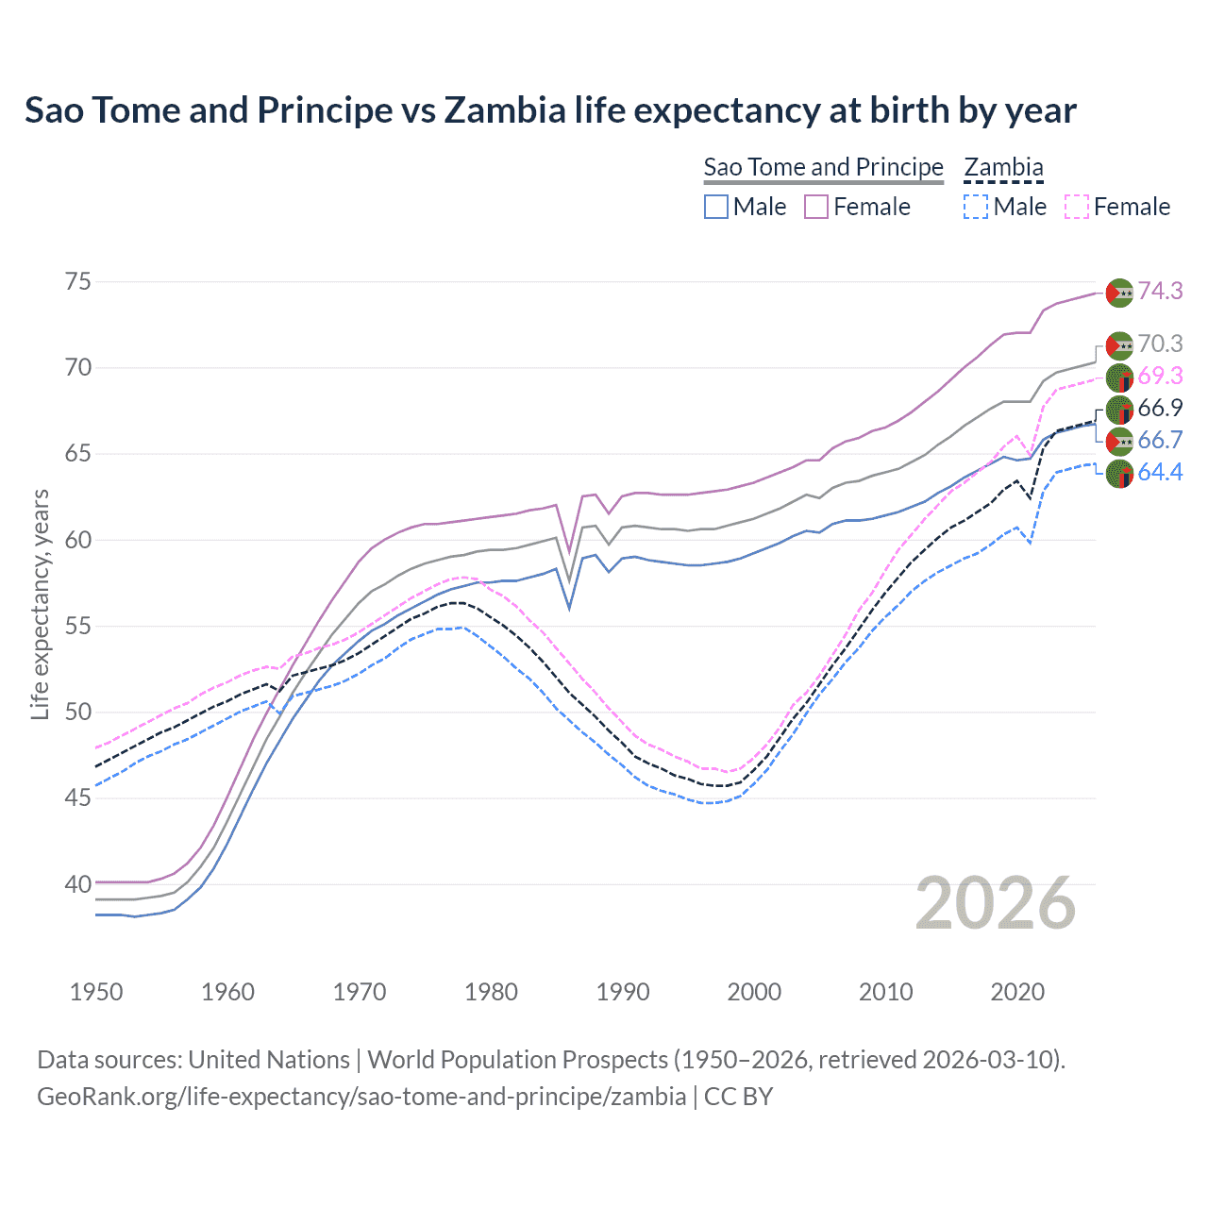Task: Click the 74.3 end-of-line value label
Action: [x=1160, y=292]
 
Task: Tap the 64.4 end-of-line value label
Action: [x=1160, y=473]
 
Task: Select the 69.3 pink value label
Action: [x=1160, y=377]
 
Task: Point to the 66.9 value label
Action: [x=1160, y=409]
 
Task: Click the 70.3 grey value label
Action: [x=1160, y=344]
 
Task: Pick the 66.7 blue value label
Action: [x=1160, y=441]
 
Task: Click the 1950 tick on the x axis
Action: [x=96, y=992]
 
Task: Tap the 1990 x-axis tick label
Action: [x=623, y=992]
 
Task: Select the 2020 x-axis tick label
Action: [x=1017, y=992]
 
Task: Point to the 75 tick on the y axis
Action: [x=78, y=282]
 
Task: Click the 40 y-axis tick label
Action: [x=78, y=885]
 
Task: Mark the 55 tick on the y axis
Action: [x=78, y=627]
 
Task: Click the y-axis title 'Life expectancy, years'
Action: [x=40, y=604]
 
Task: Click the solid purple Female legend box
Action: [x=816, y=207]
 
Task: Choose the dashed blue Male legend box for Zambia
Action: [x=976, y=207]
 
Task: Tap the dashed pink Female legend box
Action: [x=1077, y=207]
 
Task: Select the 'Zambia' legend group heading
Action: [x=1003, y=167]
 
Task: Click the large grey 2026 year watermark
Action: [x=996, y=904]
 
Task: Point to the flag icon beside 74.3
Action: [x=1118, y=293]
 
